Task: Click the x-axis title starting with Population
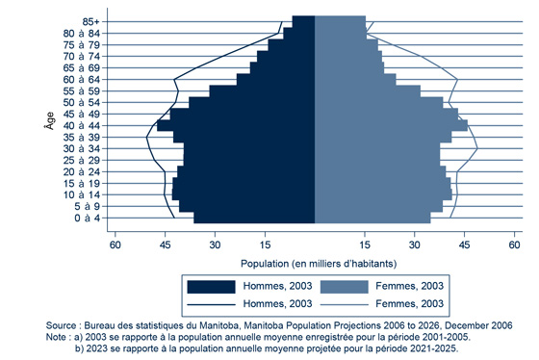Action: (315, 260)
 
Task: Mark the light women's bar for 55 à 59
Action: (367, 90)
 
